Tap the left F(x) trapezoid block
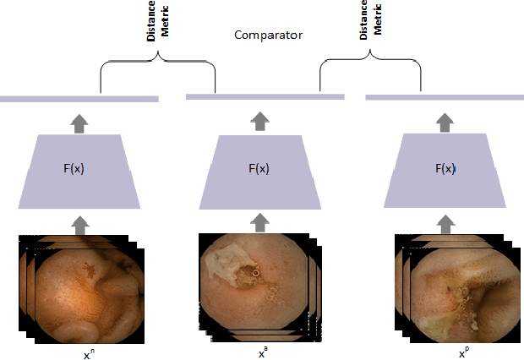click(79, 169)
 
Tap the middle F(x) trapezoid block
click(259, 169)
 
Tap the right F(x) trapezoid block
click(445, 169)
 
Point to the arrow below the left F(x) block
click(79, 223)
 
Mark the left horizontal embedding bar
click(79, 99)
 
